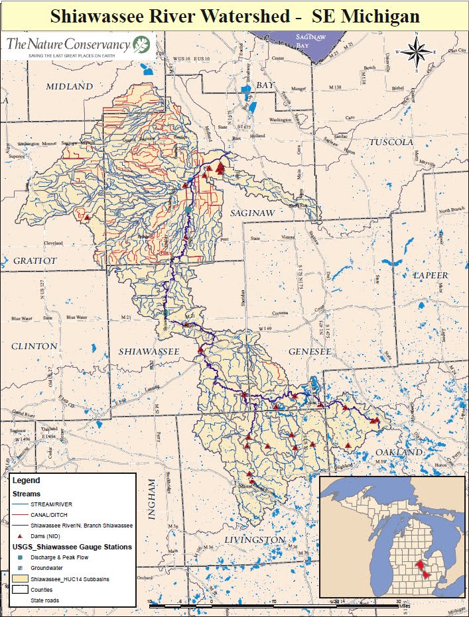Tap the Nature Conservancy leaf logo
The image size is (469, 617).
141,44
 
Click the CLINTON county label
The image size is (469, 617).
34,346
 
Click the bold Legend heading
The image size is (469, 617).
26,480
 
